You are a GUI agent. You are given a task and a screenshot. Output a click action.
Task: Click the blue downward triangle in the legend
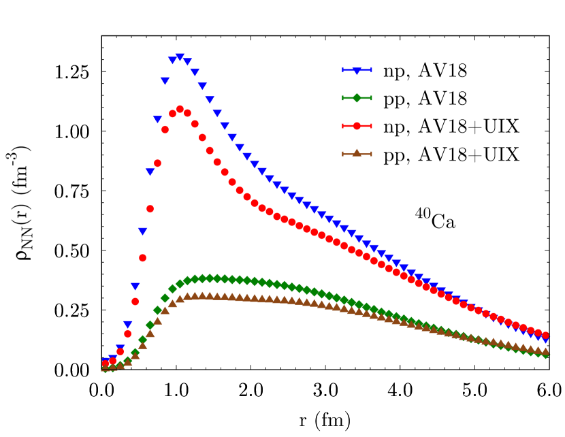357,71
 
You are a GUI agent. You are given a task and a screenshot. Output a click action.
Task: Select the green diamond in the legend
357,98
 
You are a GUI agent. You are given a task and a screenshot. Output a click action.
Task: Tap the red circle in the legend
357,126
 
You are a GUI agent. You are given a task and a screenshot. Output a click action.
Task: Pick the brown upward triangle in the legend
357,153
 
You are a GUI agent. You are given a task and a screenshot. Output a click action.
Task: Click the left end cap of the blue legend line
343,70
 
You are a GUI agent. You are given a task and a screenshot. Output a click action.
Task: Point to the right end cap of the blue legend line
371,70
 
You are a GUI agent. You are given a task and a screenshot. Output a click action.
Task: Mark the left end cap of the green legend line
343,98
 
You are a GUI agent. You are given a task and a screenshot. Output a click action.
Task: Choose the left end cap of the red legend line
343,126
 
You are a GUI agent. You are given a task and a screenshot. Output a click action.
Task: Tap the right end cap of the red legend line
371,126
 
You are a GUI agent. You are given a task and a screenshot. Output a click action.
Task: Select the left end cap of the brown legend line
343,154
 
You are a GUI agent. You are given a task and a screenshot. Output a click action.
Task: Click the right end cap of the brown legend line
371,154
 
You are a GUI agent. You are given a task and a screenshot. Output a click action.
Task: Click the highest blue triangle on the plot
180,57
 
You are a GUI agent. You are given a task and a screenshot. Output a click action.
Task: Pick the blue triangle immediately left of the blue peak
172,61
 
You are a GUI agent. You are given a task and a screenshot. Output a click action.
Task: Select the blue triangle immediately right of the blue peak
187,62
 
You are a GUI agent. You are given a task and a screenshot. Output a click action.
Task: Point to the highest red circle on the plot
180,109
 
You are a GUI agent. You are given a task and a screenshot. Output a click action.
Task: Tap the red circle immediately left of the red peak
172,114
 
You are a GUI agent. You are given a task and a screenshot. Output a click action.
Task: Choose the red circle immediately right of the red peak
187,113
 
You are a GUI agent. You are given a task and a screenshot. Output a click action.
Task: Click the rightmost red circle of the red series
545,335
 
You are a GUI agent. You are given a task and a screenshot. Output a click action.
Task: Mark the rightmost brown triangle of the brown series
545,351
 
